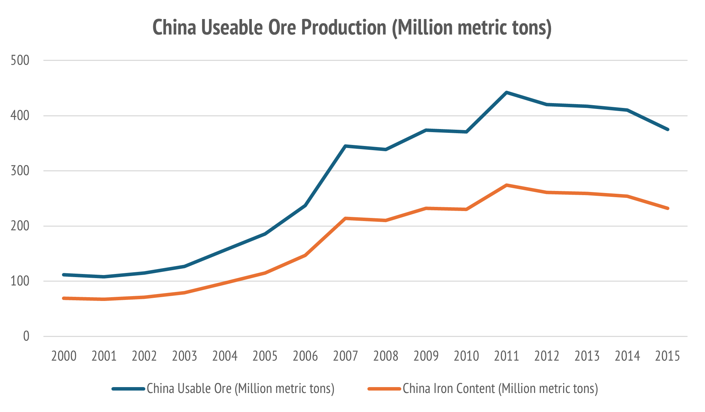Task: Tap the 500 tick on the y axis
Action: (20, 61)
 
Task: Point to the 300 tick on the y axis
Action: (20, 171)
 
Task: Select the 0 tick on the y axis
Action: (26, 336)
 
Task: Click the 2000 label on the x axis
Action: (64, 356)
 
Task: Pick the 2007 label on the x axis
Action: (345, 356)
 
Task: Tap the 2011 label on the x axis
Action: (506, 356)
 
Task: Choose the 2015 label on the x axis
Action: (667, 356)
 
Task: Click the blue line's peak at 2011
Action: (506, 92)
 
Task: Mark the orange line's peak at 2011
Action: (506, 185)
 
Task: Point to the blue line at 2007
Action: (345, 146)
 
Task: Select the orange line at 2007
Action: (345, 218)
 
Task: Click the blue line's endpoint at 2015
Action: (668, 129)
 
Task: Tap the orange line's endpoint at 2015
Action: (668, 208)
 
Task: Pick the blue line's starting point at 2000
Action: (64, 275)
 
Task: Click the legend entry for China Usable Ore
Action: (240, 388)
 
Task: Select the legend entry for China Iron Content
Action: (500, 388)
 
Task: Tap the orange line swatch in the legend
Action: (384, 389)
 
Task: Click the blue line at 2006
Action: (305, 205)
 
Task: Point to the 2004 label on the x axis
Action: (225, 356)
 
